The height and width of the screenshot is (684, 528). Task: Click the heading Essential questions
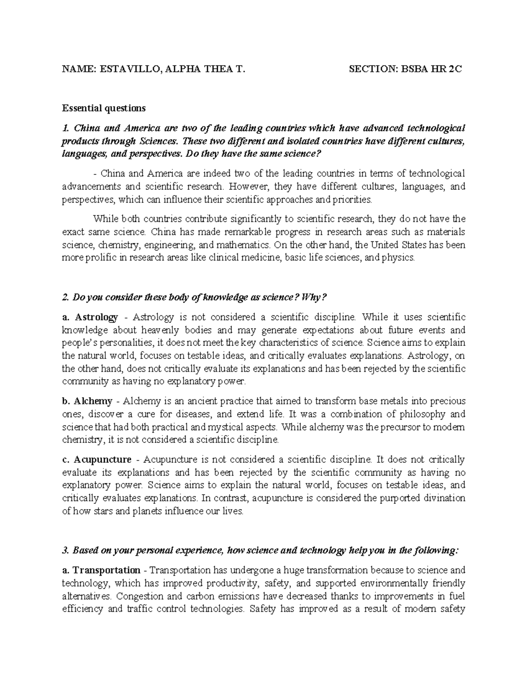[x=103, y=108]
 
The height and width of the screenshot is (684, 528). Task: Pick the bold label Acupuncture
[x=103, y=460]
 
